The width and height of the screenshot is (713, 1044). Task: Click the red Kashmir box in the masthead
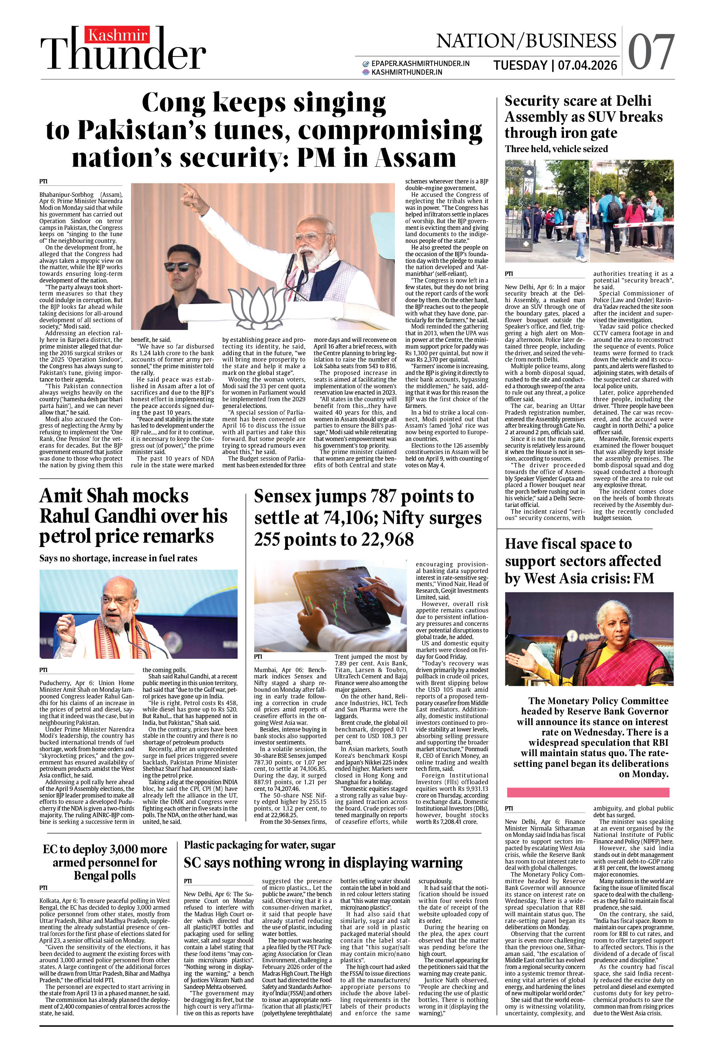click(118, 35)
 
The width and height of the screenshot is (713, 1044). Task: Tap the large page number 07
click(651, 53)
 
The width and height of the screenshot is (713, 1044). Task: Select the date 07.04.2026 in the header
click(587, 66)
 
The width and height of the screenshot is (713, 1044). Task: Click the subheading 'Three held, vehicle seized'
click(556, 149)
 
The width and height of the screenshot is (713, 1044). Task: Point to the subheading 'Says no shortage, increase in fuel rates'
click(118, 558)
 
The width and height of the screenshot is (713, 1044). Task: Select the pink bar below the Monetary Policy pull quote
click(588, 792)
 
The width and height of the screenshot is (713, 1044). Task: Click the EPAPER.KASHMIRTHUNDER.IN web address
click(420, 64)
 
